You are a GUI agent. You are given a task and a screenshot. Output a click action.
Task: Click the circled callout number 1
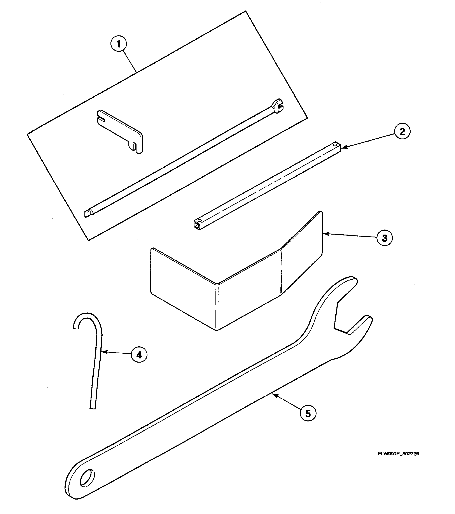(119, 44)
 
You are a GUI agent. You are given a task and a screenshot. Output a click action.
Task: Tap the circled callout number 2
(402, 132)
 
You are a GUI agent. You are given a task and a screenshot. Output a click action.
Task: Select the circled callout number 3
(385, 238)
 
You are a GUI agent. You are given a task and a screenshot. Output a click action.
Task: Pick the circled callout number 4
(139, 355)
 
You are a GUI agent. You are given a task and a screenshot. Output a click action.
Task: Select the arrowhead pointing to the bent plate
(325, 234)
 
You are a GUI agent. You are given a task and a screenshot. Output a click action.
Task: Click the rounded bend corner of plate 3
(217, 284)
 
